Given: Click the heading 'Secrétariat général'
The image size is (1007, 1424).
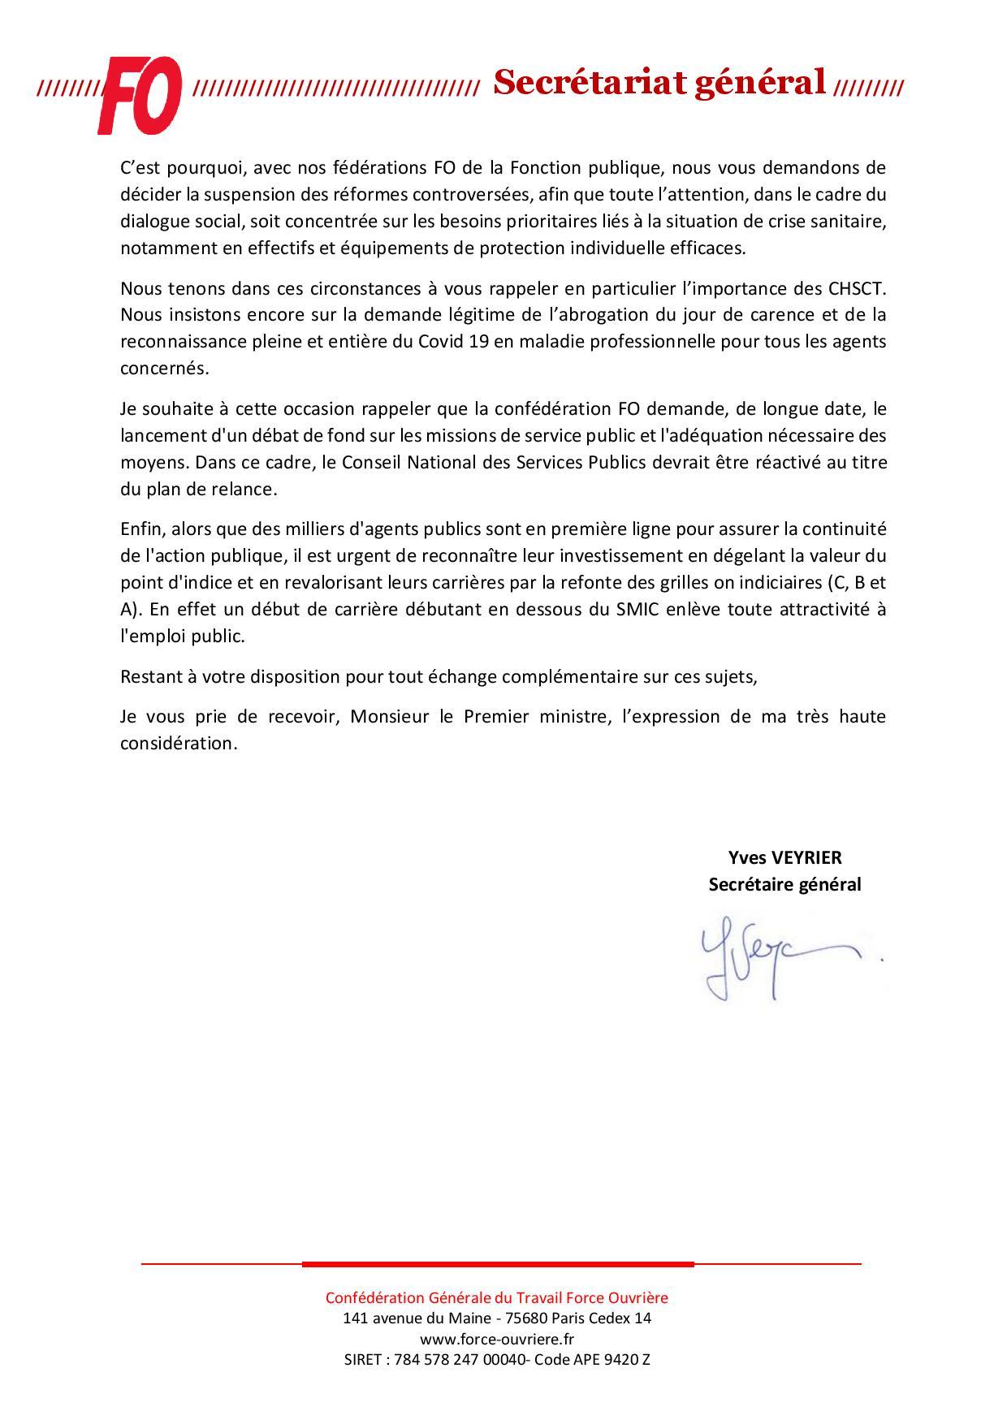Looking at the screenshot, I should click(659, 82).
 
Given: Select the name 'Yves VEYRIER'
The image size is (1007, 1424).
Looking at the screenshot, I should click(784, 857).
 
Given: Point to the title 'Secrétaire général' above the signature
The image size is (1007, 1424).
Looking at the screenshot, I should click(784, 884).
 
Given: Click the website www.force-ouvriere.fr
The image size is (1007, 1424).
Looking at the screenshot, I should click(497, 1339).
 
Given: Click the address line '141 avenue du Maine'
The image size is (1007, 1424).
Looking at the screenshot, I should click(497, 1318).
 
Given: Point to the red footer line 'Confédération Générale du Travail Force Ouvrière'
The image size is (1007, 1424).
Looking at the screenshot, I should click(497, 1297).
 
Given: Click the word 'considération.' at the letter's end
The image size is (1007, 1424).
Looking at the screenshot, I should click(179, 744).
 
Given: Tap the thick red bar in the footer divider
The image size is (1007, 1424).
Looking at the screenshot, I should click(498, 1264).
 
